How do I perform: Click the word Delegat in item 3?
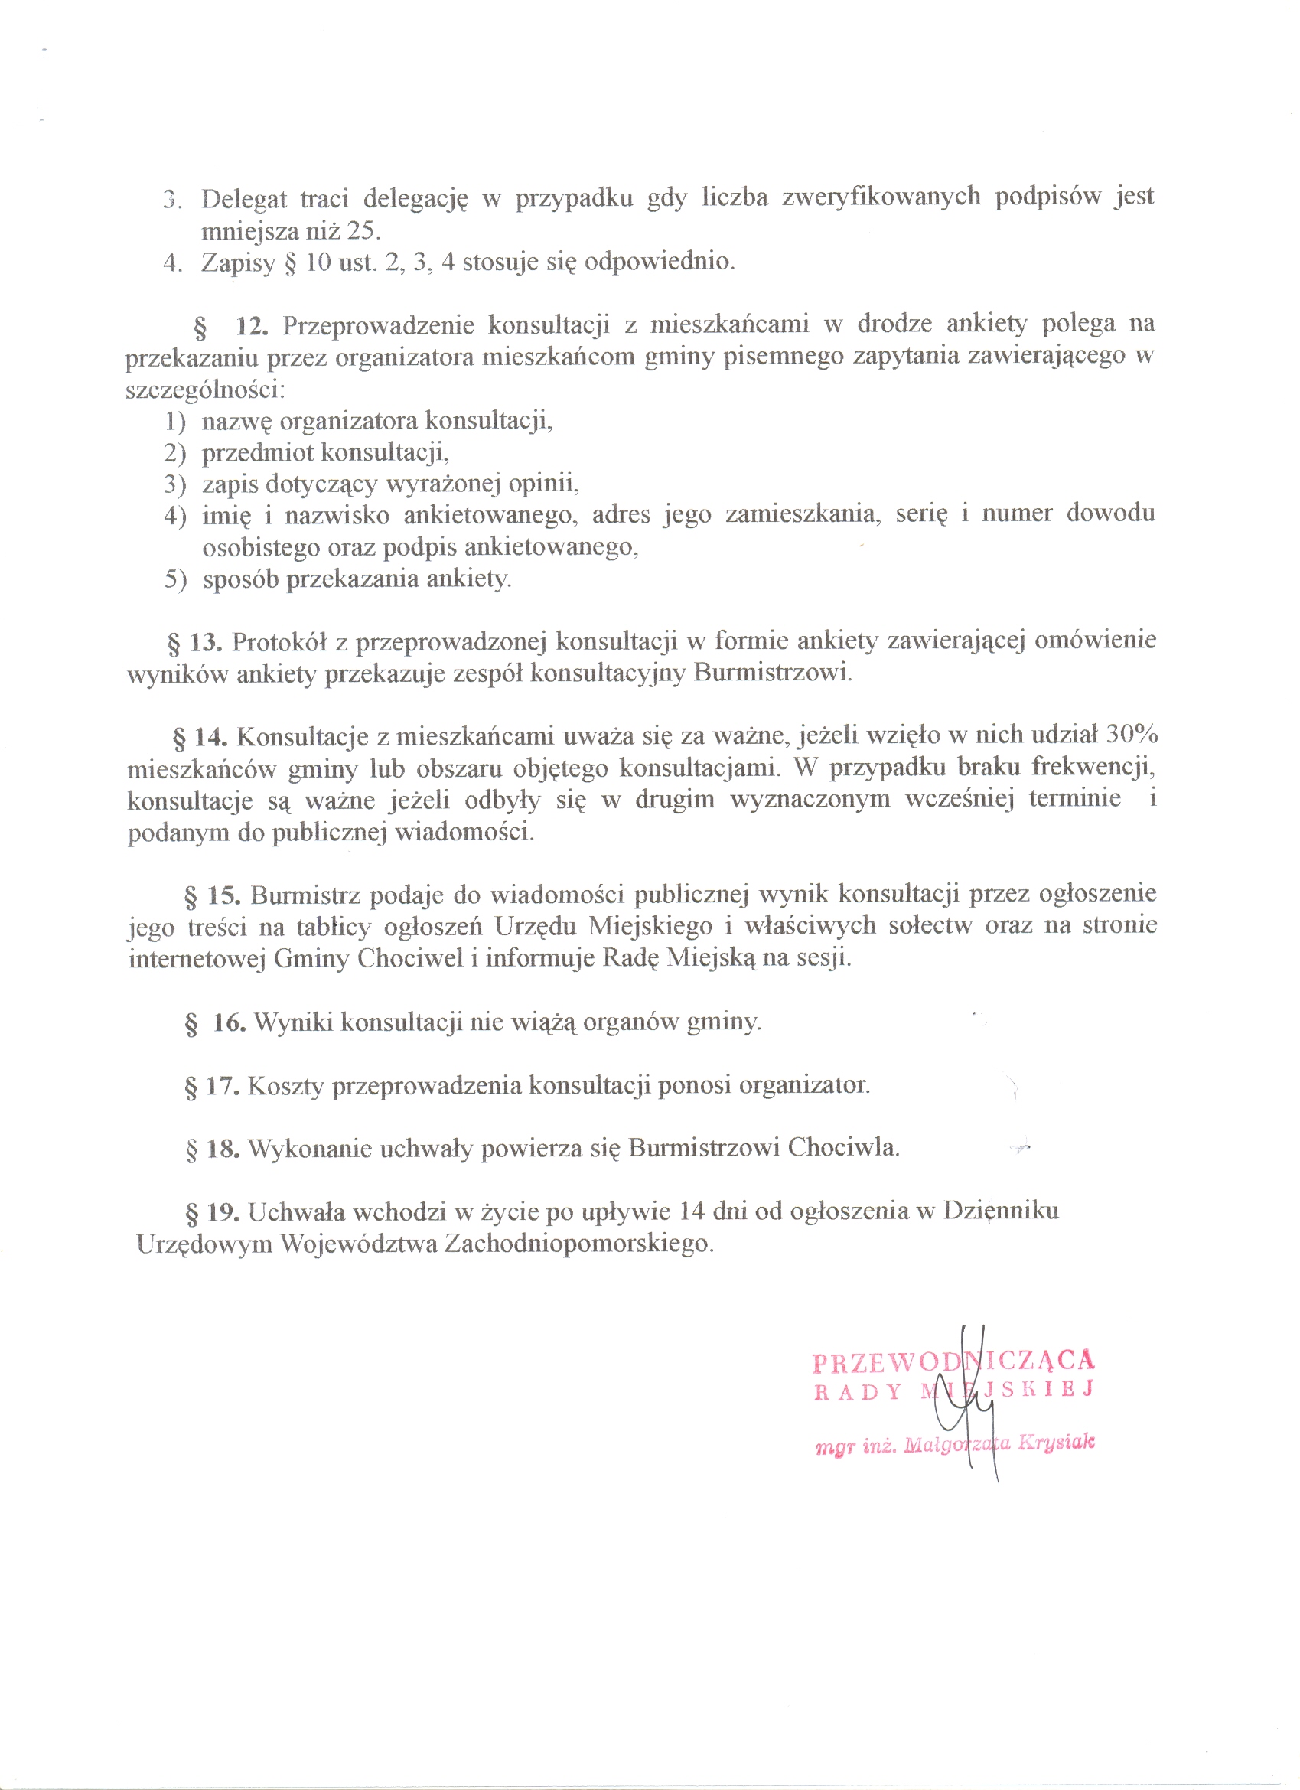click(244, 199)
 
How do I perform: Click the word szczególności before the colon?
click(202, 390)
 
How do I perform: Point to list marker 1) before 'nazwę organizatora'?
click(175, 422)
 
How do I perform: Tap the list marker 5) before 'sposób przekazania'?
click(175, 579)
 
